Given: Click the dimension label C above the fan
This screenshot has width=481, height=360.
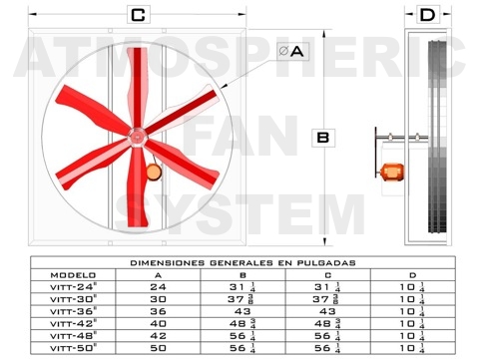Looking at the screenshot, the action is (138, 15).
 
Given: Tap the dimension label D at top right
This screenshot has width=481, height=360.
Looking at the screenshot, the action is (427, 15).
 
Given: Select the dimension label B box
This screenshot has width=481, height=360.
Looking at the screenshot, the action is (323, 138).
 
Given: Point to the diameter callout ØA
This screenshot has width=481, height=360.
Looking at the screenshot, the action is (292, 51).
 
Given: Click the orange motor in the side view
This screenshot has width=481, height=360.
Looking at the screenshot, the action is (392, 173).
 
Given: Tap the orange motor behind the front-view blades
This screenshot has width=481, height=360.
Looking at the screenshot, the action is (154, 173).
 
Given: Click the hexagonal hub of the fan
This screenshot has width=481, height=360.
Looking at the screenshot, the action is (136, 137).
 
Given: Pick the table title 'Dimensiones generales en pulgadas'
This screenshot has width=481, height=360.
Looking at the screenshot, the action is (242, 263).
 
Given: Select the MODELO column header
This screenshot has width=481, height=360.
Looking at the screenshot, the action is (73, 275).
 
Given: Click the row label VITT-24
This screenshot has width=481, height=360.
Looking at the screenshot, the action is (74, 287).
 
